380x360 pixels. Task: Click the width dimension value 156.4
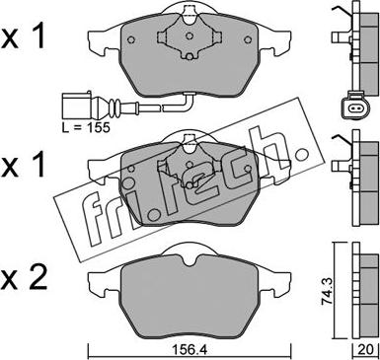click(x=190, y=350)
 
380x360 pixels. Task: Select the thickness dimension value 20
click(x=365, y=350)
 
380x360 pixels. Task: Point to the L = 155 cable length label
click(x=86, y=127)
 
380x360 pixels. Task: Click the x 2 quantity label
click(x=24, y=279)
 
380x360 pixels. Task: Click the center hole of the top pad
click(x=189, y=36)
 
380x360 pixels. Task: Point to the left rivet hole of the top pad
click(x=131, y=39)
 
